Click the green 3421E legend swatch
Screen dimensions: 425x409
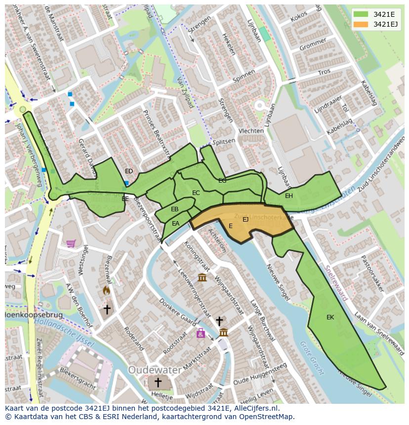click(361, 14)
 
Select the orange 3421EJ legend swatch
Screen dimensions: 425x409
click(361, 24)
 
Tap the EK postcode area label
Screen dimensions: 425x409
click(330, 317)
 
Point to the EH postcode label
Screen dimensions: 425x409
click(289, 196)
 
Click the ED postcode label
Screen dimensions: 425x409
click(129, 171)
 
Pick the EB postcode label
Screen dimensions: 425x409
click(174, 209)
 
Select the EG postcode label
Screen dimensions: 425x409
click(222, 181)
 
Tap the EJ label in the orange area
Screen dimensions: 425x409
click(245, 220)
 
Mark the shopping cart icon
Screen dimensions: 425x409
click(71, 243)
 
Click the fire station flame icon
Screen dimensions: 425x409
click(106, 291)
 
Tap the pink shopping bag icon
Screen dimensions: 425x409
click(201, 333)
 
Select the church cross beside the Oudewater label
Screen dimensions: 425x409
click(158, 383)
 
